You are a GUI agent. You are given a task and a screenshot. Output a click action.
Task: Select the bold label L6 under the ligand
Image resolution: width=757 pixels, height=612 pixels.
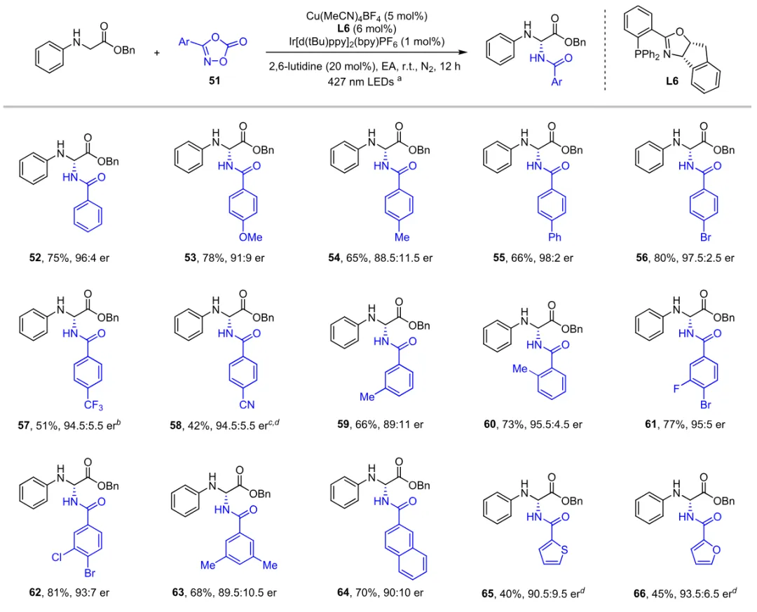point(671,81)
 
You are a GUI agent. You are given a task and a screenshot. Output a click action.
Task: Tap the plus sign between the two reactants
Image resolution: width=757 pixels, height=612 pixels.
point(156,51)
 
